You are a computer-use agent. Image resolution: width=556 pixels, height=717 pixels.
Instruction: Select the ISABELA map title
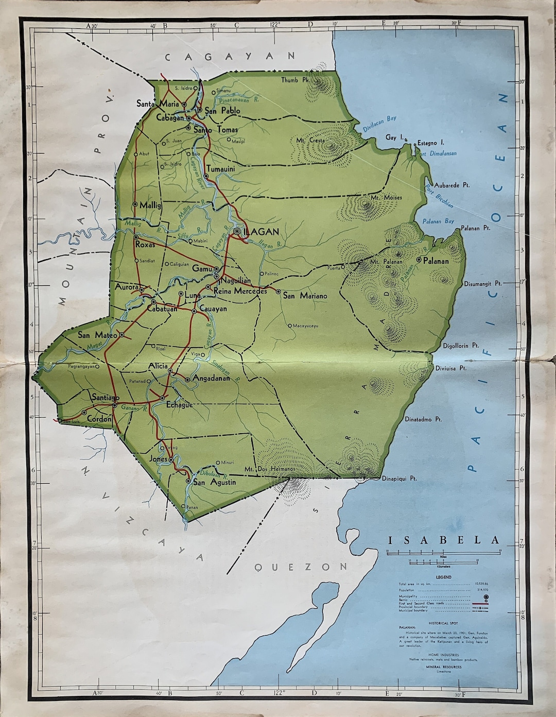[443, 540]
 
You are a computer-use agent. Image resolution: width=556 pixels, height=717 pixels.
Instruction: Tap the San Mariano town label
[305, 296]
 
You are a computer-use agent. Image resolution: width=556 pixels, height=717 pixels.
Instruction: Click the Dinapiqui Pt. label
[399, 479]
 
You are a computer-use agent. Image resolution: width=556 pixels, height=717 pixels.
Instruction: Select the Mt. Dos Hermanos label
[263, 469]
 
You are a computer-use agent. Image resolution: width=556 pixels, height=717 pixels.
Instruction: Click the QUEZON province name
[301, 567]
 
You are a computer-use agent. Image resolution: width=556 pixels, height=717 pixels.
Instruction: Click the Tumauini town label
[220, 168]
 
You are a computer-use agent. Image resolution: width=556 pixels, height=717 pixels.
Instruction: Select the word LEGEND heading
[443, 577]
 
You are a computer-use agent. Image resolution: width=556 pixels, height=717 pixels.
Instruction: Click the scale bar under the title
[443, 553]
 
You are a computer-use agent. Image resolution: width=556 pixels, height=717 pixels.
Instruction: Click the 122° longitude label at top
[274, 24]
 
